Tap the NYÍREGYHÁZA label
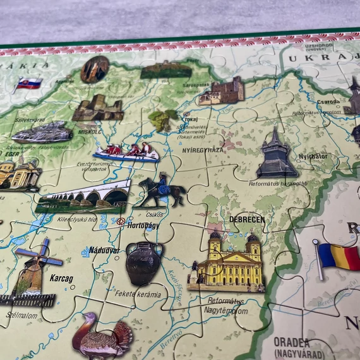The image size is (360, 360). pos(202,150)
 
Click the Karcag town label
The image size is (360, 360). pos(61,278)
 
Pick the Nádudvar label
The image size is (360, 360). pos(104,250)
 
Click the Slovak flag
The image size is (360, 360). pos(29,83)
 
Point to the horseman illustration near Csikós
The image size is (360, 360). pos(160,190)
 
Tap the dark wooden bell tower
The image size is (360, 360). pos(276,157)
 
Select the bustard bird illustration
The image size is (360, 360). pos(101,338)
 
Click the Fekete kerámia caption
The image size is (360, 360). pos(138,294)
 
